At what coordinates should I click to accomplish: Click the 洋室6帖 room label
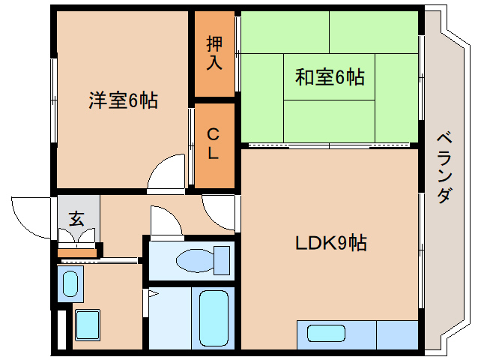[123, 100]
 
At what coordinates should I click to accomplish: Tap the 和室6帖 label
[330, 77]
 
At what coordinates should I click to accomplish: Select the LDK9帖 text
[331, 243]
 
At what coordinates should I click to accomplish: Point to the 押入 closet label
[214, 52]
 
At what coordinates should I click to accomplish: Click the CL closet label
[213, 143]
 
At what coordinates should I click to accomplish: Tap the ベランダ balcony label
[444, 168]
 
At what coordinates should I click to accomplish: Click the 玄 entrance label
[76, 218]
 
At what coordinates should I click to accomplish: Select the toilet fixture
[203, 260]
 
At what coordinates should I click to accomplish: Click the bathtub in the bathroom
[214, 318]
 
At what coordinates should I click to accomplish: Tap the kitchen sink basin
[326, 333]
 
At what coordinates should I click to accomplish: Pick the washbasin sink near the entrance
[70, 283]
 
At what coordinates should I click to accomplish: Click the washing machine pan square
[88, 325]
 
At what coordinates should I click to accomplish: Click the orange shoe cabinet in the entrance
[77, 253]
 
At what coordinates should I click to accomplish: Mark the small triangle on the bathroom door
[153, 294]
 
